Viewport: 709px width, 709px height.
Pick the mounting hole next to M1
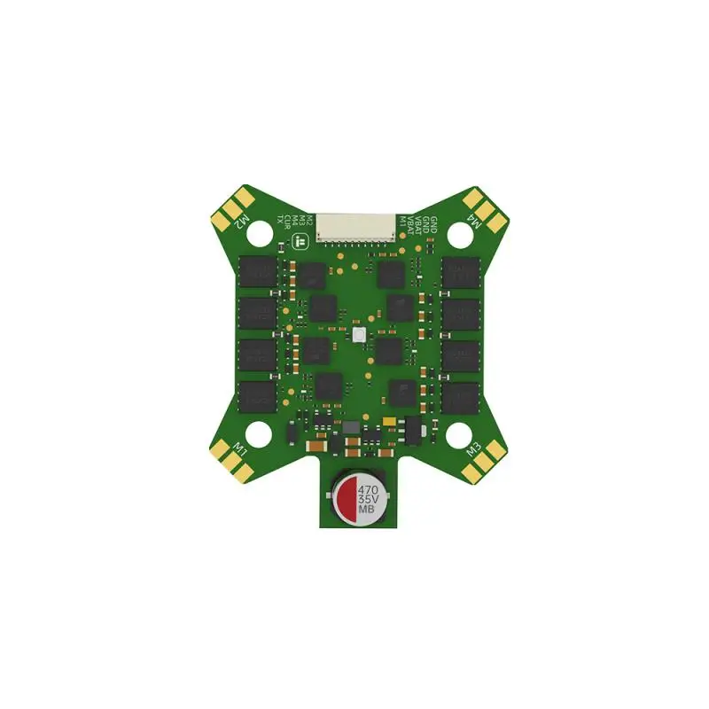(x=258, y=433)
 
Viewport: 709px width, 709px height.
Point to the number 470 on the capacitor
(x=369, y=488)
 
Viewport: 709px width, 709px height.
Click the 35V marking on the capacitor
(x=369, y=500)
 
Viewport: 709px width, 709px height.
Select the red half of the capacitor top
(x=344, y=499)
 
